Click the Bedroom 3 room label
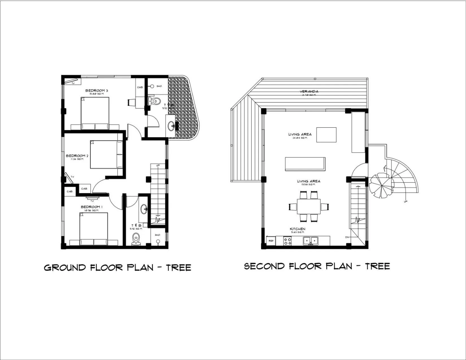coord(97,91)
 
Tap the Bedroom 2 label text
coord(77,156)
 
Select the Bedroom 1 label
coord(92,207)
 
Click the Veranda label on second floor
coord(309,91)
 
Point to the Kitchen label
coord(297,229)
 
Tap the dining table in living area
coord(309,206)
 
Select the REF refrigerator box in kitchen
coord(271,241)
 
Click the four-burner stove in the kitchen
coord(288,241)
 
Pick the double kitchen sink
coord(311,241)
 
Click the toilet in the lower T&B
coord(136,240)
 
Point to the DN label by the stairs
coord(347,237)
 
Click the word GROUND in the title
coord(65,268)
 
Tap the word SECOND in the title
coord(264,266)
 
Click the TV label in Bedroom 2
coord(72,177)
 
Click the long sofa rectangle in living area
coord(305,164)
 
